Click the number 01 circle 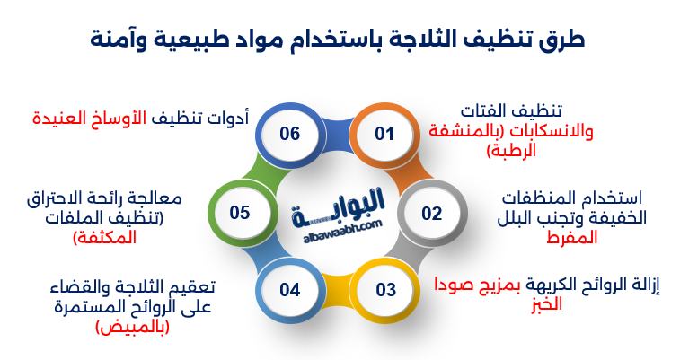(x=384, y=135)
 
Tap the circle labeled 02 (x=432, y=214)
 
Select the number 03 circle (x=385, y=290)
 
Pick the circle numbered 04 (x=288, y=290)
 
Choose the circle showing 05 (x=240, y=214)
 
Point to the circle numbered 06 (x=288, y=135)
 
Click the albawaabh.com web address (x=338, y=224)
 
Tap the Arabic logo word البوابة (x=338, y=202)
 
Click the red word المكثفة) (x=104, y=238)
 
